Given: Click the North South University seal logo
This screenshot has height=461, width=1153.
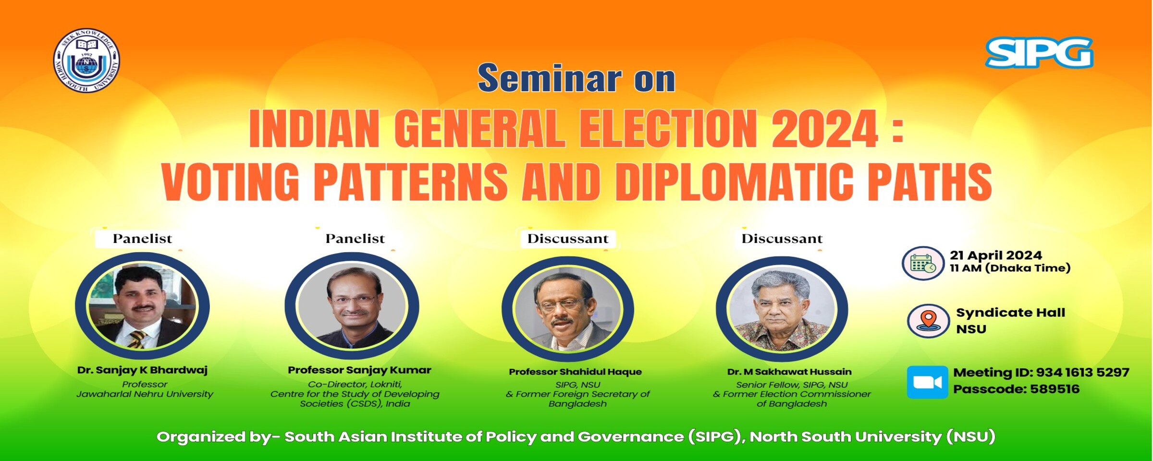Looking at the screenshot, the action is [x=86, y=60].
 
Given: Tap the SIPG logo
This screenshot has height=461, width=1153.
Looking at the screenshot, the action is [x=1039, y=52].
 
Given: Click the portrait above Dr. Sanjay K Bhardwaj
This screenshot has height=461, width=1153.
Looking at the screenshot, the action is [x=142, y=306].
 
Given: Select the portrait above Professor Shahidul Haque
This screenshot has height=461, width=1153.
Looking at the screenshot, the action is [x=568, y=309].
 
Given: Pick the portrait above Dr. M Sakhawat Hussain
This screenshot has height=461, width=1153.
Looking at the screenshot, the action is [x=782, y=309].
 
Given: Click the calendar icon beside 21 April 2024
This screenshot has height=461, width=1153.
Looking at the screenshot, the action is [x=922, y=263].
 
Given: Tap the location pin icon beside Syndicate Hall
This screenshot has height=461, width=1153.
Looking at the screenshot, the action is [x=929, y=320].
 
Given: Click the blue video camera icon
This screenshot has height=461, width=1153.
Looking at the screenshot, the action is [x=927, y=382].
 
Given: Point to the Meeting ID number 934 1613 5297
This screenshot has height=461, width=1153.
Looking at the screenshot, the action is [x=1082, y=372].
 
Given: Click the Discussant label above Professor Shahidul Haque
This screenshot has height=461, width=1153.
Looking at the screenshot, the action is [x=568, y=239].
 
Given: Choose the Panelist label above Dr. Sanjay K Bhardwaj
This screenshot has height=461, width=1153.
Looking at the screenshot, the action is [x=142, y=239].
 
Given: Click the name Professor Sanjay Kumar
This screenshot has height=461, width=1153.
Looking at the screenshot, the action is [x=359, y=370].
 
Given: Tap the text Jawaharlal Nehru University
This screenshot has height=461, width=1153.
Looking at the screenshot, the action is [x=145, y=394].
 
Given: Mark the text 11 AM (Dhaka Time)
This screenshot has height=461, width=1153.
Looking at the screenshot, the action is [x=1010, y=268].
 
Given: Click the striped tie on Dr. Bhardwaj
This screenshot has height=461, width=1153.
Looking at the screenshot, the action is [x=137, y=339].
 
